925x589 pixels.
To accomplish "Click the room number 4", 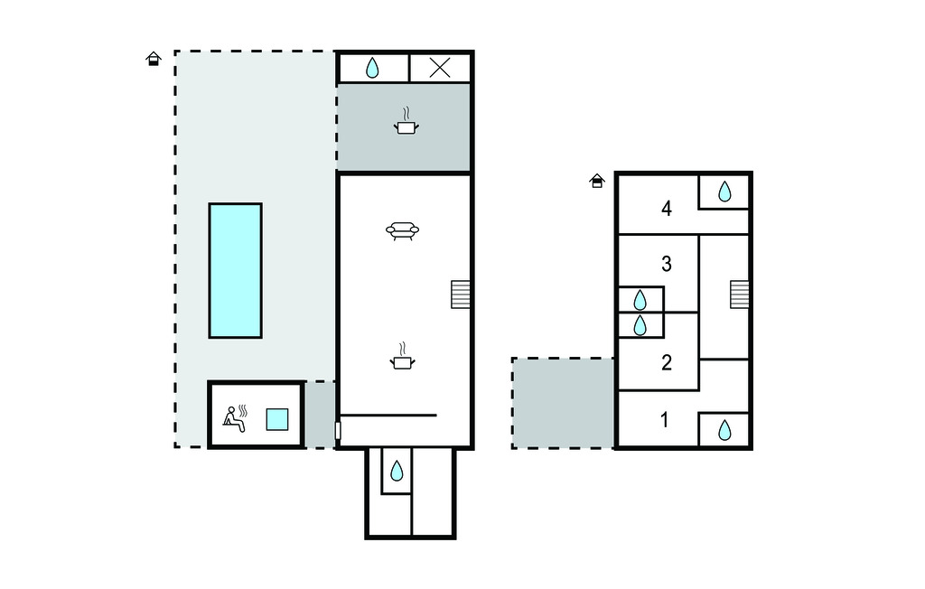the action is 667,209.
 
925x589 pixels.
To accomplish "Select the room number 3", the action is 667,264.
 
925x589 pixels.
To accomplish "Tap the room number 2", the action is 667,362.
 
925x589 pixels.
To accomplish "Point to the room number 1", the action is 665,420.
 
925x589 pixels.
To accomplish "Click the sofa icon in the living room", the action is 402,230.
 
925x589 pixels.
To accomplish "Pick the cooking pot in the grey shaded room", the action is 406,121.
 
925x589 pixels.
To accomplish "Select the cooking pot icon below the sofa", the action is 402,356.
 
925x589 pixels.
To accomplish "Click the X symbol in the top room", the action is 440,68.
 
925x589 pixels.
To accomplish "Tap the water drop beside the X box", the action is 372,68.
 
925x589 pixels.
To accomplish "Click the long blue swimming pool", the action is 236,270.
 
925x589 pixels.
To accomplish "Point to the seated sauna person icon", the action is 235,418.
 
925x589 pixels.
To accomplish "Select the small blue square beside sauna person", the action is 277,420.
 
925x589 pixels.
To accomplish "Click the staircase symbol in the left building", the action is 461,294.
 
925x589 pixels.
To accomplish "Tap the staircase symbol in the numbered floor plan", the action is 740,294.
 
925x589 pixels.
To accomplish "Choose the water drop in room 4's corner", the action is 725,192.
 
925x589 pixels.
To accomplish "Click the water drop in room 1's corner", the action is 725,430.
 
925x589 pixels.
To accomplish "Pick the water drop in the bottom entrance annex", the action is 397,471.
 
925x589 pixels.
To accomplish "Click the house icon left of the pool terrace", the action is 154,59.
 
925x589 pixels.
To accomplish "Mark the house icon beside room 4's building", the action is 597,181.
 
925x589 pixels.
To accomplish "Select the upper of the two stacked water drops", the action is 640,301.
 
